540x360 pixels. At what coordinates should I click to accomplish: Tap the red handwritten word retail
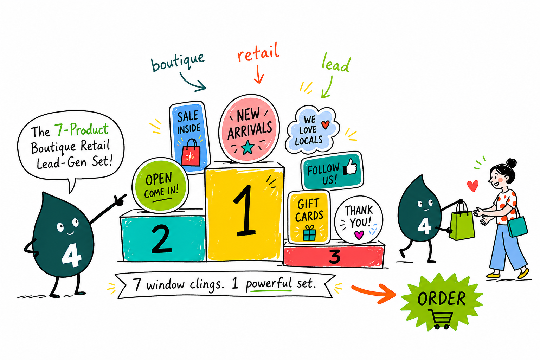(x=258, y=53)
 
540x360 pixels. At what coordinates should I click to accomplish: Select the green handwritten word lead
(x=336, y=63)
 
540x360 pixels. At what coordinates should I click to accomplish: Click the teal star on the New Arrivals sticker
(x=247, y=148)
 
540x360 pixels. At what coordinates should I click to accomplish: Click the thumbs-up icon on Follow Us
(x=350, y=167)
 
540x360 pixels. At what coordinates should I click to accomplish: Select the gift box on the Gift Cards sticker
(x=309, y=233)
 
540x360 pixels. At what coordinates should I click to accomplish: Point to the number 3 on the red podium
(x=335, y=257)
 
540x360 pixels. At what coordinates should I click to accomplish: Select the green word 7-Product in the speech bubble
(x=82, y=129)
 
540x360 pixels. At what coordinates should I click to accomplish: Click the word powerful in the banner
(x=269, y=284)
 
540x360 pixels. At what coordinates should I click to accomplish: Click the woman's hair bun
(x=511, y=163)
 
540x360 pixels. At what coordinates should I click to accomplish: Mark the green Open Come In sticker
(x=161, y=185)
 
